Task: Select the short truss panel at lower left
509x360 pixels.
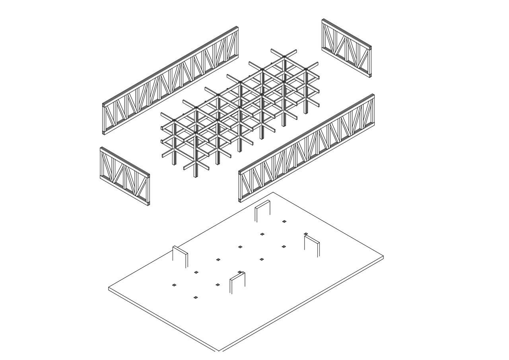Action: [125, 176]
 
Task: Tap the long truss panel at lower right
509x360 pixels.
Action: [306, 148]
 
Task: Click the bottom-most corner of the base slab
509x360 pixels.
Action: [219, 351]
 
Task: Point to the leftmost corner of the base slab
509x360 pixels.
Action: [109, 288]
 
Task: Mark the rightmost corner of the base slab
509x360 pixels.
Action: [383, 257]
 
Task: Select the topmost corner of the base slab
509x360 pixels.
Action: [273, 193]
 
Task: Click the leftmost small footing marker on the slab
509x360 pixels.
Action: [174, 285]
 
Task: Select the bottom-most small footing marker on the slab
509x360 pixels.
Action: [195, 298]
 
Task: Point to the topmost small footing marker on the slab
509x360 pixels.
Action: [284, 222]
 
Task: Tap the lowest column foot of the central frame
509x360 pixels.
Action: [195, 176]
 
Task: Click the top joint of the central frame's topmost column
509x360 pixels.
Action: [284, 57]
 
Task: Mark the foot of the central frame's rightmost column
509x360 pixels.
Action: [306, 113]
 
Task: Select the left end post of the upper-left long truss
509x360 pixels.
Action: [104, 119]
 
